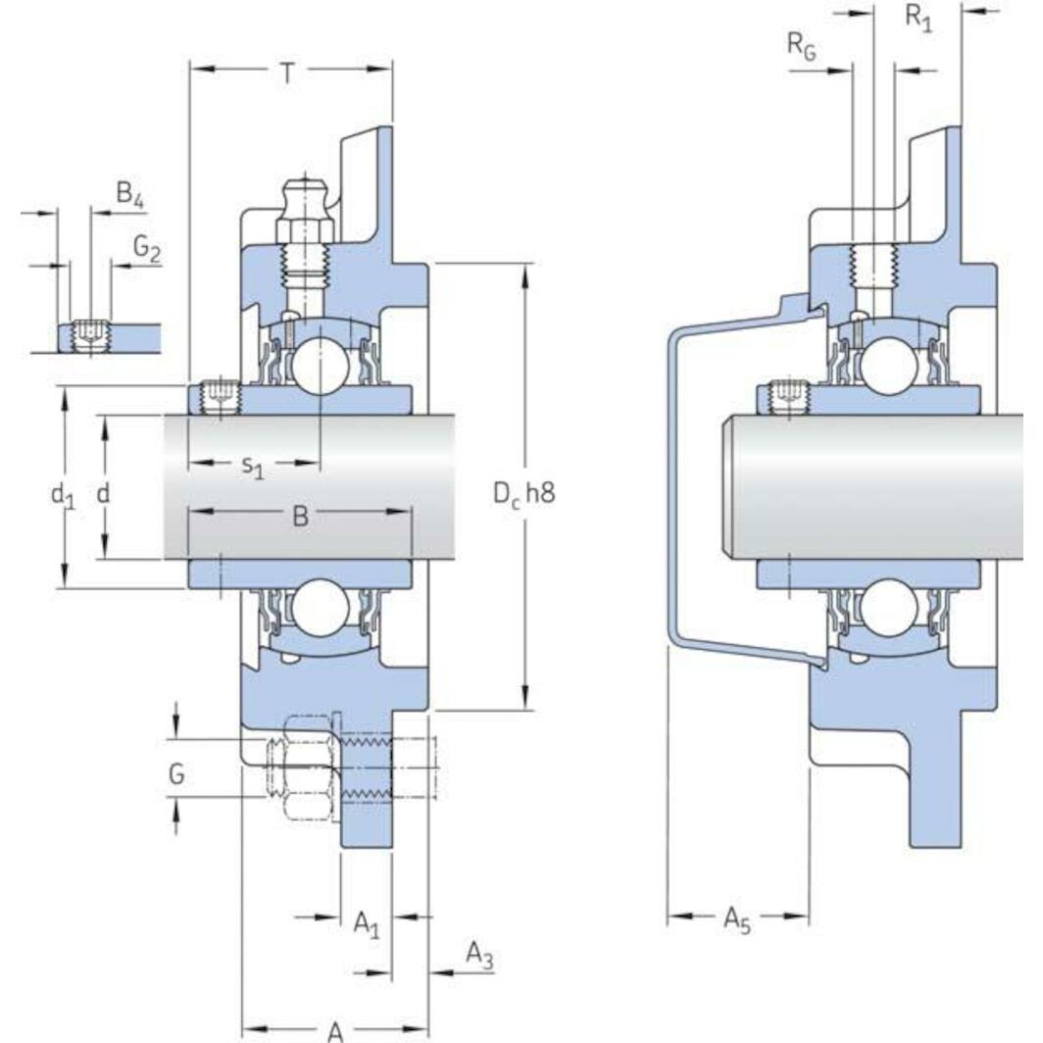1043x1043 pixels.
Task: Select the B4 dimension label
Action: tap(129, 195)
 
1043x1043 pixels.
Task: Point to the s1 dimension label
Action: tap(253, 470)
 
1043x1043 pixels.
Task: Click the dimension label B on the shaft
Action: tap(300, 516)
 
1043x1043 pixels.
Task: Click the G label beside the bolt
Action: tap(176, 774)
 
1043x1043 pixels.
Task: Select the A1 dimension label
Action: tap(366, 922)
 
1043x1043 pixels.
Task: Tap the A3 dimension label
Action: tap(477, 954)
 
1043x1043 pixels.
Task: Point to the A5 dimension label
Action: tap(737, 919)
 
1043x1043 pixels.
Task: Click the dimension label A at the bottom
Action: tap(335, 1029)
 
